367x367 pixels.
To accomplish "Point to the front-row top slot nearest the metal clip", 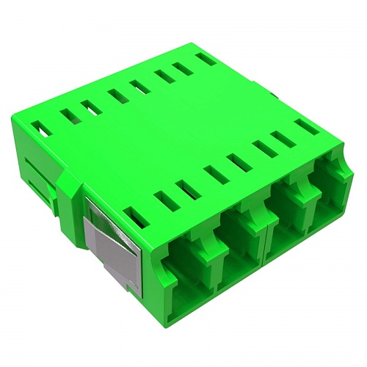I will (137, 217).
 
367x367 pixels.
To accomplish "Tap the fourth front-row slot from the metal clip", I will (214, 175).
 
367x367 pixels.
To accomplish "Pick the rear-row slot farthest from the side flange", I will (207, 59).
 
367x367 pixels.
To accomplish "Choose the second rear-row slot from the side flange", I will (69, 117).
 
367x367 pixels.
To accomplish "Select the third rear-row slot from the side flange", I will (92, 107).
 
